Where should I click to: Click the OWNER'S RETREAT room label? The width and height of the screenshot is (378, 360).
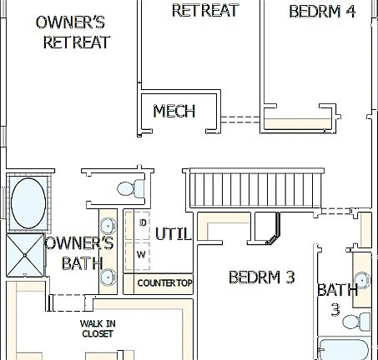(76, 32)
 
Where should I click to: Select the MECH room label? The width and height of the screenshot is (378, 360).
(174, 111)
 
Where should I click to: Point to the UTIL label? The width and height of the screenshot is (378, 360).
(174, 234)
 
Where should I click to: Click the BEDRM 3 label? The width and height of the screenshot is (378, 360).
(261, 277)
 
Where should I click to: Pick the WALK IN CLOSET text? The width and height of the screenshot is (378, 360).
(98, 328)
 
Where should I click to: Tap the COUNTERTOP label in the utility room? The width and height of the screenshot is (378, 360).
(164, 283)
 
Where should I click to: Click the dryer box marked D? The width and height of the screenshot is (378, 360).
(142, 223)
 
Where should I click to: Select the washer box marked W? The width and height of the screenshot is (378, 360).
(141, 253)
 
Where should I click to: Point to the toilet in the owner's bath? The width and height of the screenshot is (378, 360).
(128, 188)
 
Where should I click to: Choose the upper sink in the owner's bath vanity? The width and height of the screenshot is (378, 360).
(108, 225)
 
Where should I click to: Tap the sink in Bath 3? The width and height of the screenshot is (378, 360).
(363, 279)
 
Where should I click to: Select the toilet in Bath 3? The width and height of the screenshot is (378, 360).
(360, 322)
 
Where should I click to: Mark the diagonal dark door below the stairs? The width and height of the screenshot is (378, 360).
(272, 232)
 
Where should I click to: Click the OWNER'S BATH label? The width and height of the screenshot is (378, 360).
(78, 253)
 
